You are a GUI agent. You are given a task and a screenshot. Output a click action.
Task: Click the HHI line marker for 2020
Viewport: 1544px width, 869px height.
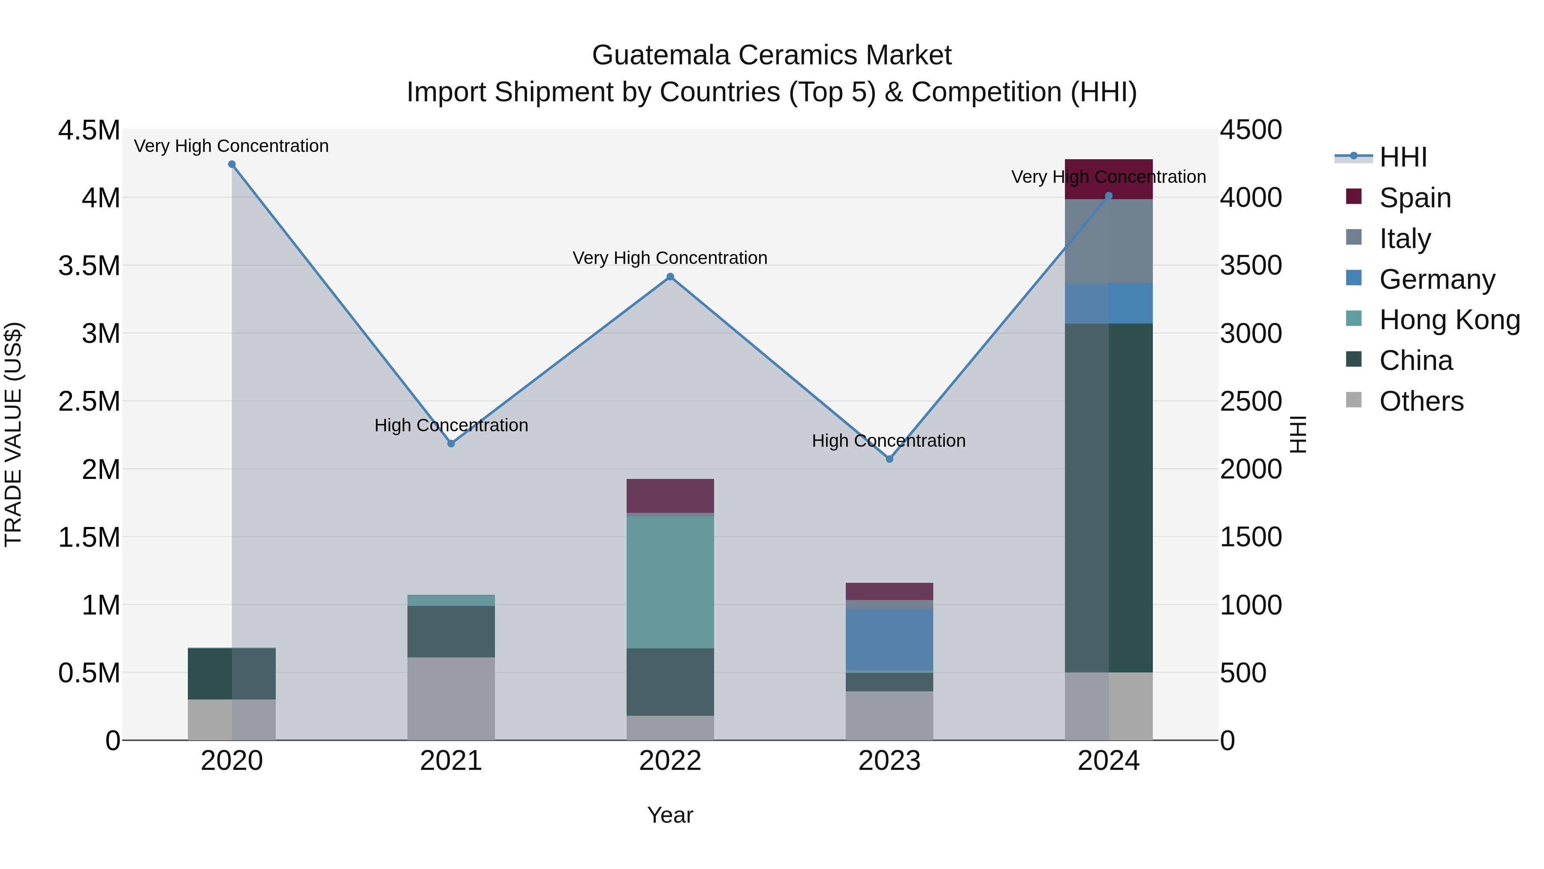[232, 164]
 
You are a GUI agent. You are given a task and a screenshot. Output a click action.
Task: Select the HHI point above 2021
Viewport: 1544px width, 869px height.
[451, 444]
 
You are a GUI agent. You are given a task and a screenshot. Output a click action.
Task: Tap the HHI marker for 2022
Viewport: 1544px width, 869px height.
[670, 277]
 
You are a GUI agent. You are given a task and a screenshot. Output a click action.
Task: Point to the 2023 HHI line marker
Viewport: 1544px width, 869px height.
[890, 459]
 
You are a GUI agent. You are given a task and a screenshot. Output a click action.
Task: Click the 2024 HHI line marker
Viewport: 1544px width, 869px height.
[1109, 196]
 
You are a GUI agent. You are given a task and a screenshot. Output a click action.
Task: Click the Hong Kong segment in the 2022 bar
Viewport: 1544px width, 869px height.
[670, 582]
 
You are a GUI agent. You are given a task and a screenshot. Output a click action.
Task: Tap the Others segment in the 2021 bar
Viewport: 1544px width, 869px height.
[451, 699]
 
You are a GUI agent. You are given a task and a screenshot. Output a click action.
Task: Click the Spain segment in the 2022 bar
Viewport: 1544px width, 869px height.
[670, 495]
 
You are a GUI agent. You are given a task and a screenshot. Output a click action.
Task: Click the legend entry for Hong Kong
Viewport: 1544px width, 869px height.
[1449, 320]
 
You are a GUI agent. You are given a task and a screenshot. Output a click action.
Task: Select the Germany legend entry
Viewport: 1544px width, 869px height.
[1437, 279]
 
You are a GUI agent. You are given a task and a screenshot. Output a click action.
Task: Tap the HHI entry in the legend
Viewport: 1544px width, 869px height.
[1402, 157]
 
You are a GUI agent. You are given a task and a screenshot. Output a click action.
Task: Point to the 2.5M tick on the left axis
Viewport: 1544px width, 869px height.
[89, 401]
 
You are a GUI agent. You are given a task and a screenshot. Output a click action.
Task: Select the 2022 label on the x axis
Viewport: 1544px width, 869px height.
[670, 761]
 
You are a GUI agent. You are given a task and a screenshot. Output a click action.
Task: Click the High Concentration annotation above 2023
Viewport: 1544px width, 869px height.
[888, 441]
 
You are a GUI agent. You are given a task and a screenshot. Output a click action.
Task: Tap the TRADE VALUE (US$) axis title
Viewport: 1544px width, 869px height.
[14, 434]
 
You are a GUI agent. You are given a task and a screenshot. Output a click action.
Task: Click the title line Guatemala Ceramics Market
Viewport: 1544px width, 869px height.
[772, 55]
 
